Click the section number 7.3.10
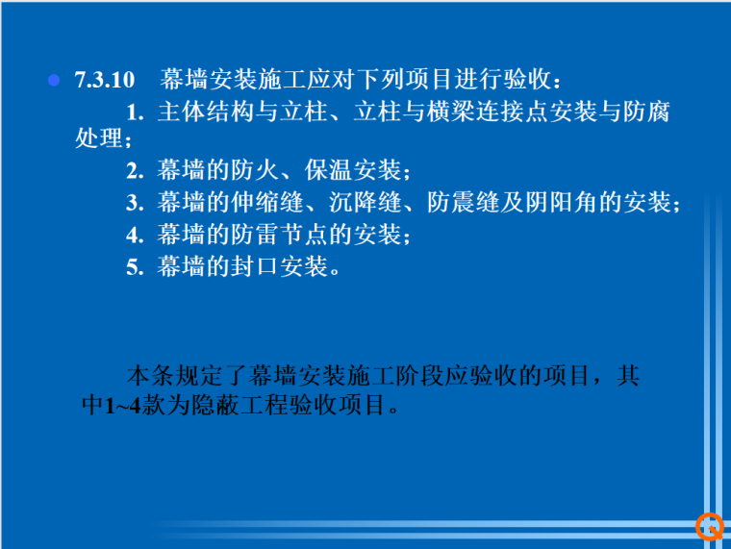tap(105, 80)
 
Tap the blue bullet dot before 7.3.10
tap(55, 80)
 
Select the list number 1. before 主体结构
tap(135, 112)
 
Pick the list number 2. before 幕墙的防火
tap(135, 172)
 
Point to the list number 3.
tap(135, 203)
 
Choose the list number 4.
tap(135, 234)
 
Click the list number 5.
tap(135, 266)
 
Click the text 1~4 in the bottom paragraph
tap(122, 406)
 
